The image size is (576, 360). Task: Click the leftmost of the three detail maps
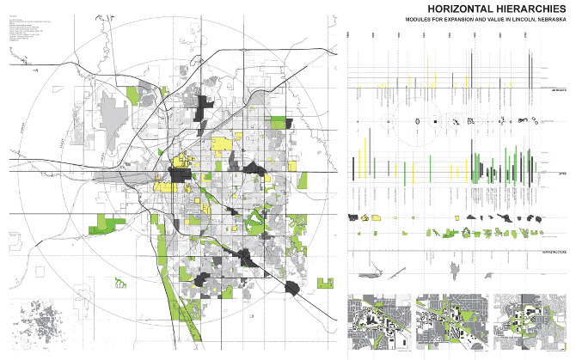[x=378, y=323]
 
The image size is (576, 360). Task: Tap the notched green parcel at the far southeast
[x=324, y=282]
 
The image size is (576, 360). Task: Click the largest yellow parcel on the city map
[x=224, y=145]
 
